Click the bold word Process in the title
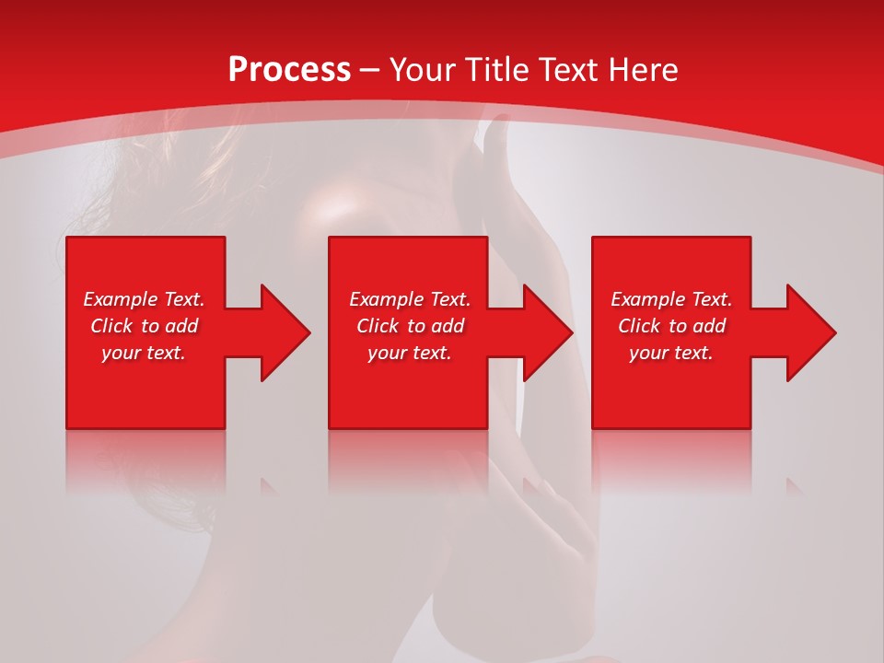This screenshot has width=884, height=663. click(289, 70)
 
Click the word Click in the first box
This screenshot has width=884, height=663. click(112, 326)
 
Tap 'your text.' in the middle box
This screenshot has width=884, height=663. click(409, 353)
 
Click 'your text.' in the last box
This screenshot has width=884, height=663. click(670, 353)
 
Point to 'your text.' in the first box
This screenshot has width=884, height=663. click(143, 353)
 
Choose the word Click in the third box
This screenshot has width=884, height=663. click(640, 326)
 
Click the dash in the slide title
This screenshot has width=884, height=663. click(369, 70)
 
